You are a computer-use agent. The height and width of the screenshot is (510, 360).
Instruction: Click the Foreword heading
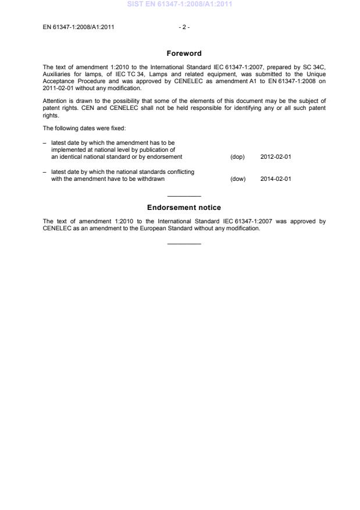[x=184, y=54]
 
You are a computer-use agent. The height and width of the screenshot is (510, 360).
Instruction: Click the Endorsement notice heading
[x=184, y=208]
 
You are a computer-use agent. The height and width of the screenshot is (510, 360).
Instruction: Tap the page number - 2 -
[x=184, y=27]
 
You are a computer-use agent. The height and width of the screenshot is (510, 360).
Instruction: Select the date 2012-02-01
[x=276, y=157]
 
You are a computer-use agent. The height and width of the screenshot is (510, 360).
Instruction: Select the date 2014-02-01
[x=276, y=179]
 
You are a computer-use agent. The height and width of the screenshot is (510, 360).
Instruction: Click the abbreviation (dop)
[x=237, y=157]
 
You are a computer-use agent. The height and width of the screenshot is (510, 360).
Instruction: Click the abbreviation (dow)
[x=238, y=179]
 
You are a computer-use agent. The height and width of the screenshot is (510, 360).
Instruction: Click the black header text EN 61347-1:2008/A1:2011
[x=79, y=27]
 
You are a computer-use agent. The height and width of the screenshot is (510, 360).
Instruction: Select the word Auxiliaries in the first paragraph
[x=58, y=74]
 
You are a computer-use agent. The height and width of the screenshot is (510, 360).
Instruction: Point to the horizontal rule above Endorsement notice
[x=184, y=196]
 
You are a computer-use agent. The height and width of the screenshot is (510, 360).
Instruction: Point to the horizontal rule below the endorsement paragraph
[x=184, y=243]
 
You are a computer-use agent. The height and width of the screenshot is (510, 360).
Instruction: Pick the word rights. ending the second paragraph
[x=51, y=115]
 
